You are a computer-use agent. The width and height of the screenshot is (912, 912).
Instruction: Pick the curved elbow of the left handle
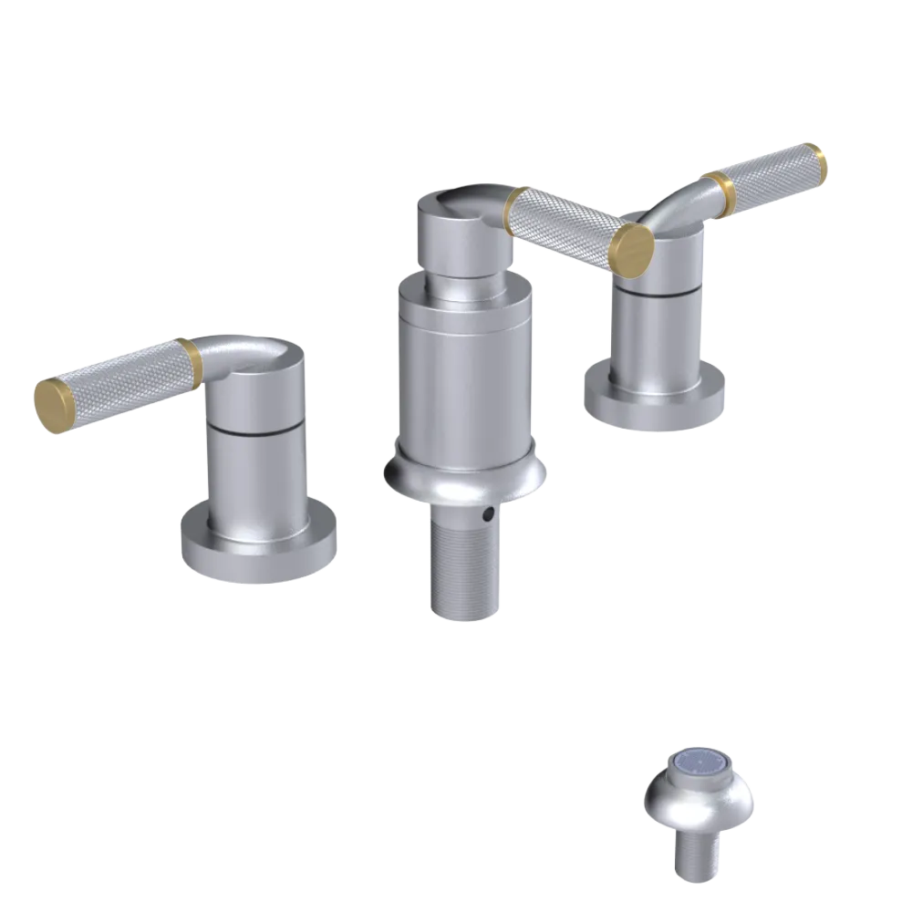point(239,351)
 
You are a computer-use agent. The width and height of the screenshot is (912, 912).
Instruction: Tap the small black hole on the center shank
point(488,516)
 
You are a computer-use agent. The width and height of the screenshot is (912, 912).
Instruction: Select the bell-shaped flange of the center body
point(465,474)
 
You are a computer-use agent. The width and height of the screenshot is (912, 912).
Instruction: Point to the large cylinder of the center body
point(465,374)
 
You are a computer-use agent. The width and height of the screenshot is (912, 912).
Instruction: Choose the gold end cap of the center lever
point(633,245)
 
